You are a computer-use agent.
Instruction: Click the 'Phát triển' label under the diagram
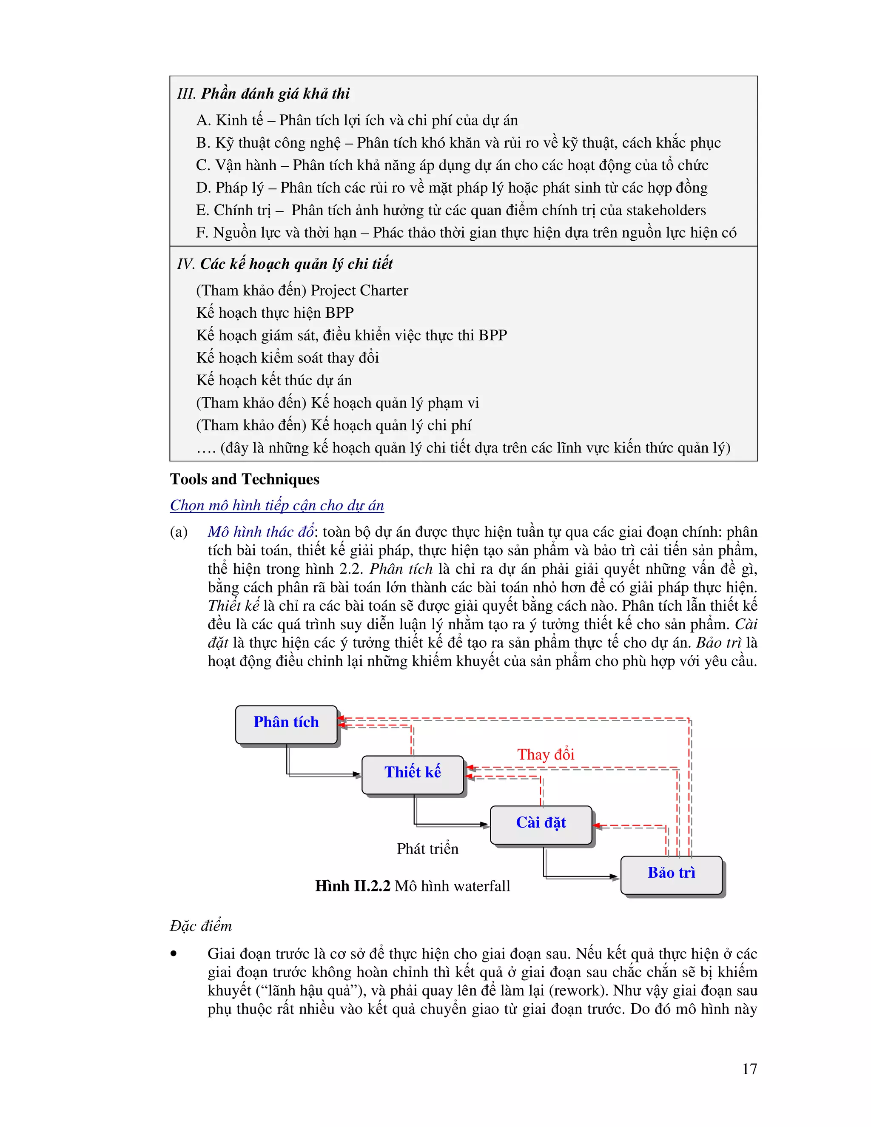click(427, 849)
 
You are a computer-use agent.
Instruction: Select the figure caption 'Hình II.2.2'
click(353, 886)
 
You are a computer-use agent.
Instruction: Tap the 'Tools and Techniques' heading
click(245, 479)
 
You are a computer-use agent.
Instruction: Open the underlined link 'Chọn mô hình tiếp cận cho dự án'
click(277, 505)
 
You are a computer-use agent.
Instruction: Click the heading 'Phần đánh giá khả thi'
click(275, 94)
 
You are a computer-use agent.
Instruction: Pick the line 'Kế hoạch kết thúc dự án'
click(274, 380)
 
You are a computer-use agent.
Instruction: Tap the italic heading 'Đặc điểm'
click(201, 926)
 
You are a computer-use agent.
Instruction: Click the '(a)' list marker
click(179, 532)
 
